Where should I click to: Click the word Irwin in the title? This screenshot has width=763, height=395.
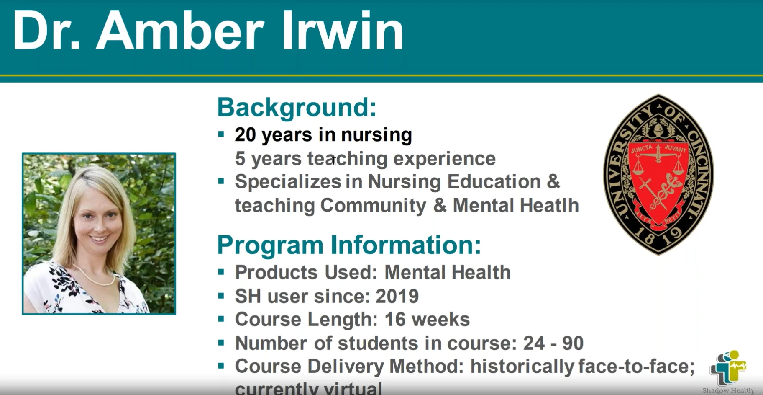tap(342, 30)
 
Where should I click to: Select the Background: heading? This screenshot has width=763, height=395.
tap(297, 107)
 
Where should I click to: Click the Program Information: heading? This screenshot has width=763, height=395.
tap(349, 245)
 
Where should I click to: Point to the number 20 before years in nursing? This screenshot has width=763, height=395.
tap(245, 135)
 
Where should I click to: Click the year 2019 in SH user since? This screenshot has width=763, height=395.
tap(397, 296)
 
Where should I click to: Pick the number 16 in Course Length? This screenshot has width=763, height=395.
tap(395, 320)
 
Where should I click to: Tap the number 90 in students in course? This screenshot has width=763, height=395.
tap(573, 343)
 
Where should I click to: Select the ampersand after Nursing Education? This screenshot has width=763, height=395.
tap(553, 182)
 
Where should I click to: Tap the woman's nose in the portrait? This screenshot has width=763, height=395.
tap(98, 224)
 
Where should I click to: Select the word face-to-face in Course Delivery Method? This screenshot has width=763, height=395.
tap(636, 367)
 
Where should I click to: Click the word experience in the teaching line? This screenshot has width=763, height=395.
tap(444, 159)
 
